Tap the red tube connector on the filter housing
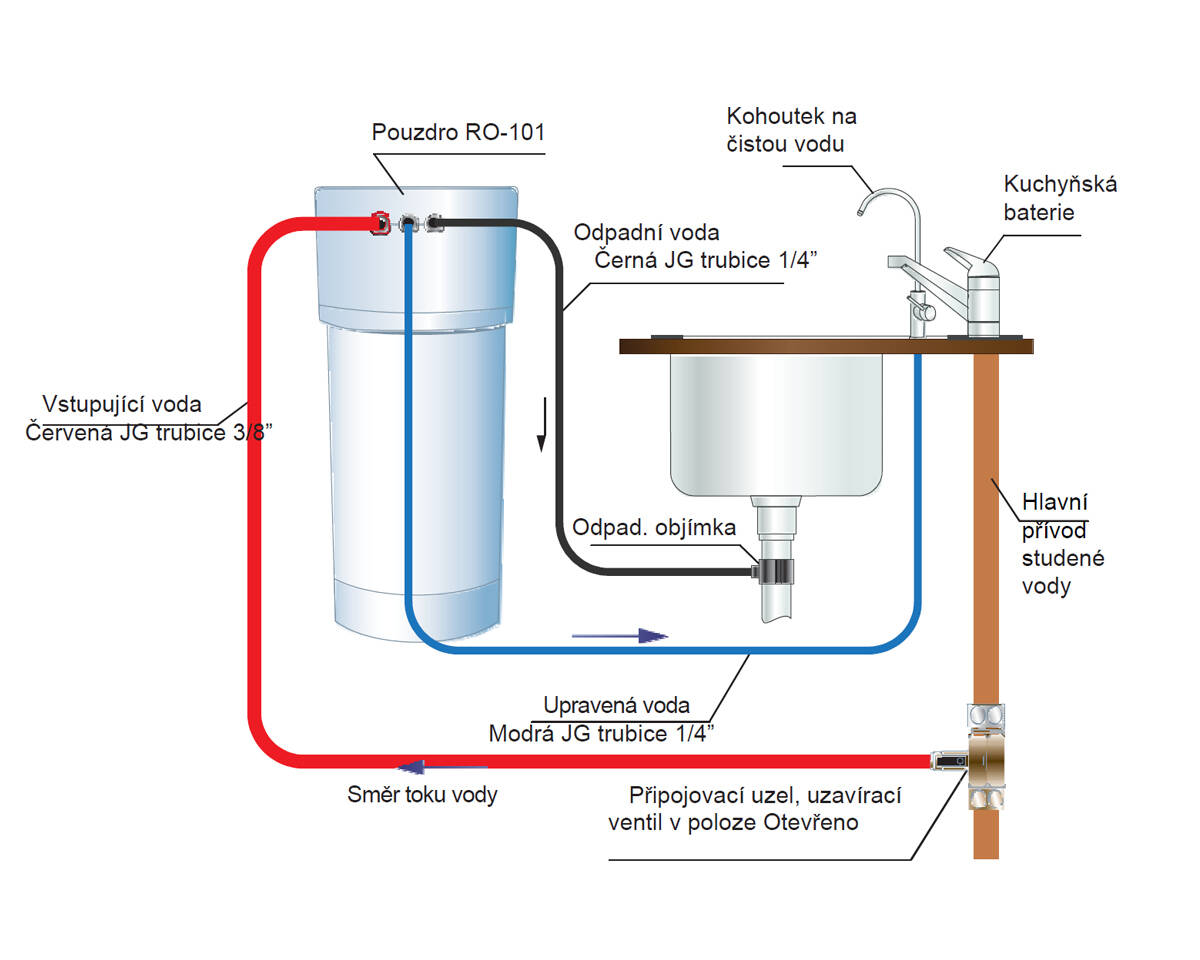coord(380,222)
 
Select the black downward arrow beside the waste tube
coord(541,424)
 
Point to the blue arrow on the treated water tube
coord(619,634)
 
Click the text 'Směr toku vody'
coord(422,796)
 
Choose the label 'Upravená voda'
coord(616,706)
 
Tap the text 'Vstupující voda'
coord(122,405)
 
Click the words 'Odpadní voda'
coord(646,233)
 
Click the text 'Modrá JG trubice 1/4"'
coord(602,734)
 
